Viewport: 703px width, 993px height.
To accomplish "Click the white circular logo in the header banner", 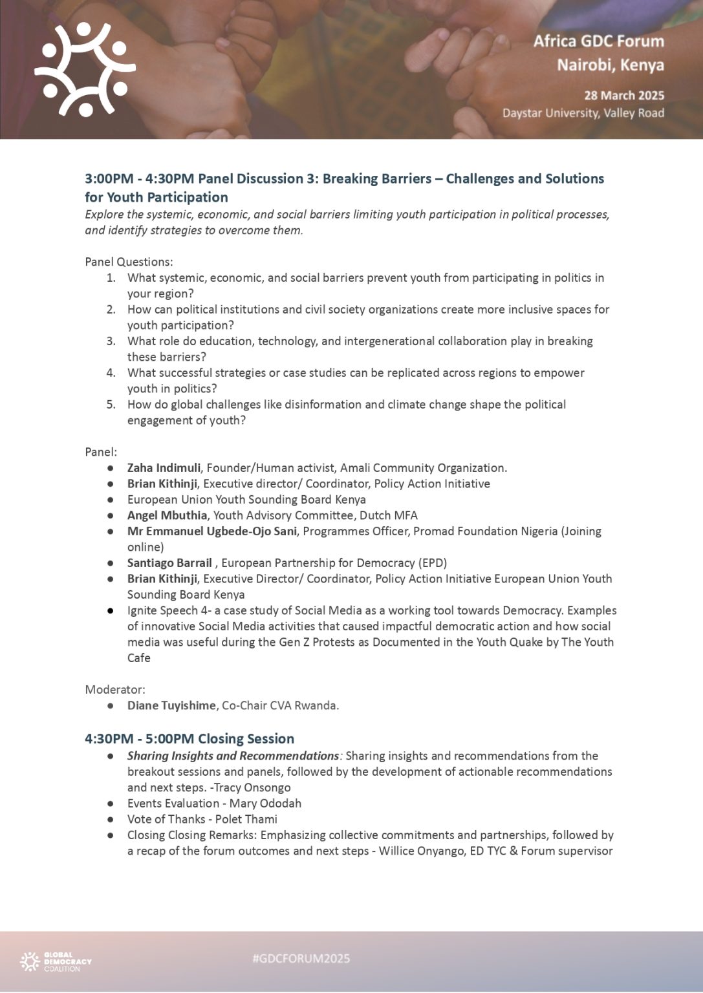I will point(85,70).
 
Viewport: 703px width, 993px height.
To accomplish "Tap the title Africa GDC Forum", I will point(598,41).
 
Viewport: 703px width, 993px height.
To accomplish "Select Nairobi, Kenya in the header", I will point(610,65).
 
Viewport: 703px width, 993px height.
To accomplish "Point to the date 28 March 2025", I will point(623,96).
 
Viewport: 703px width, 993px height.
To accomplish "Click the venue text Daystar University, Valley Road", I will point(583,113).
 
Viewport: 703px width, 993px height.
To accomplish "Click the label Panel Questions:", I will point(129,262).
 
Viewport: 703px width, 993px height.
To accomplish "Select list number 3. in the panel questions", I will point(111,341).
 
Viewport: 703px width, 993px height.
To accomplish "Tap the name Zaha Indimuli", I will point(163,468).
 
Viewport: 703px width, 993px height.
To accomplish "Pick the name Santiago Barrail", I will point(169,563).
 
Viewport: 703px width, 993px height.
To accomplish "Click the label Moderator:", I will point(115,690).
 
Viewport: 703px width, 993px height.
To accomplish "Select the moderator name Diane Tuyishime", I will point(171,706).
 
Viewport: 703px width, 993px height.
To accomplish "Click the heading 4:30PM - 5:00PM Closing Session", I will point(189,739).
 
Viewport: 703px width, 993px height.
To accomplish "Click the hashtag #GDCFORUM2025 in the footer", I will point(301,959).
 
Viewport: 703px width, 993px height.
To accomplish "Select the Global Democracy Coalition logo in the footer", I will point(56,962).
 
